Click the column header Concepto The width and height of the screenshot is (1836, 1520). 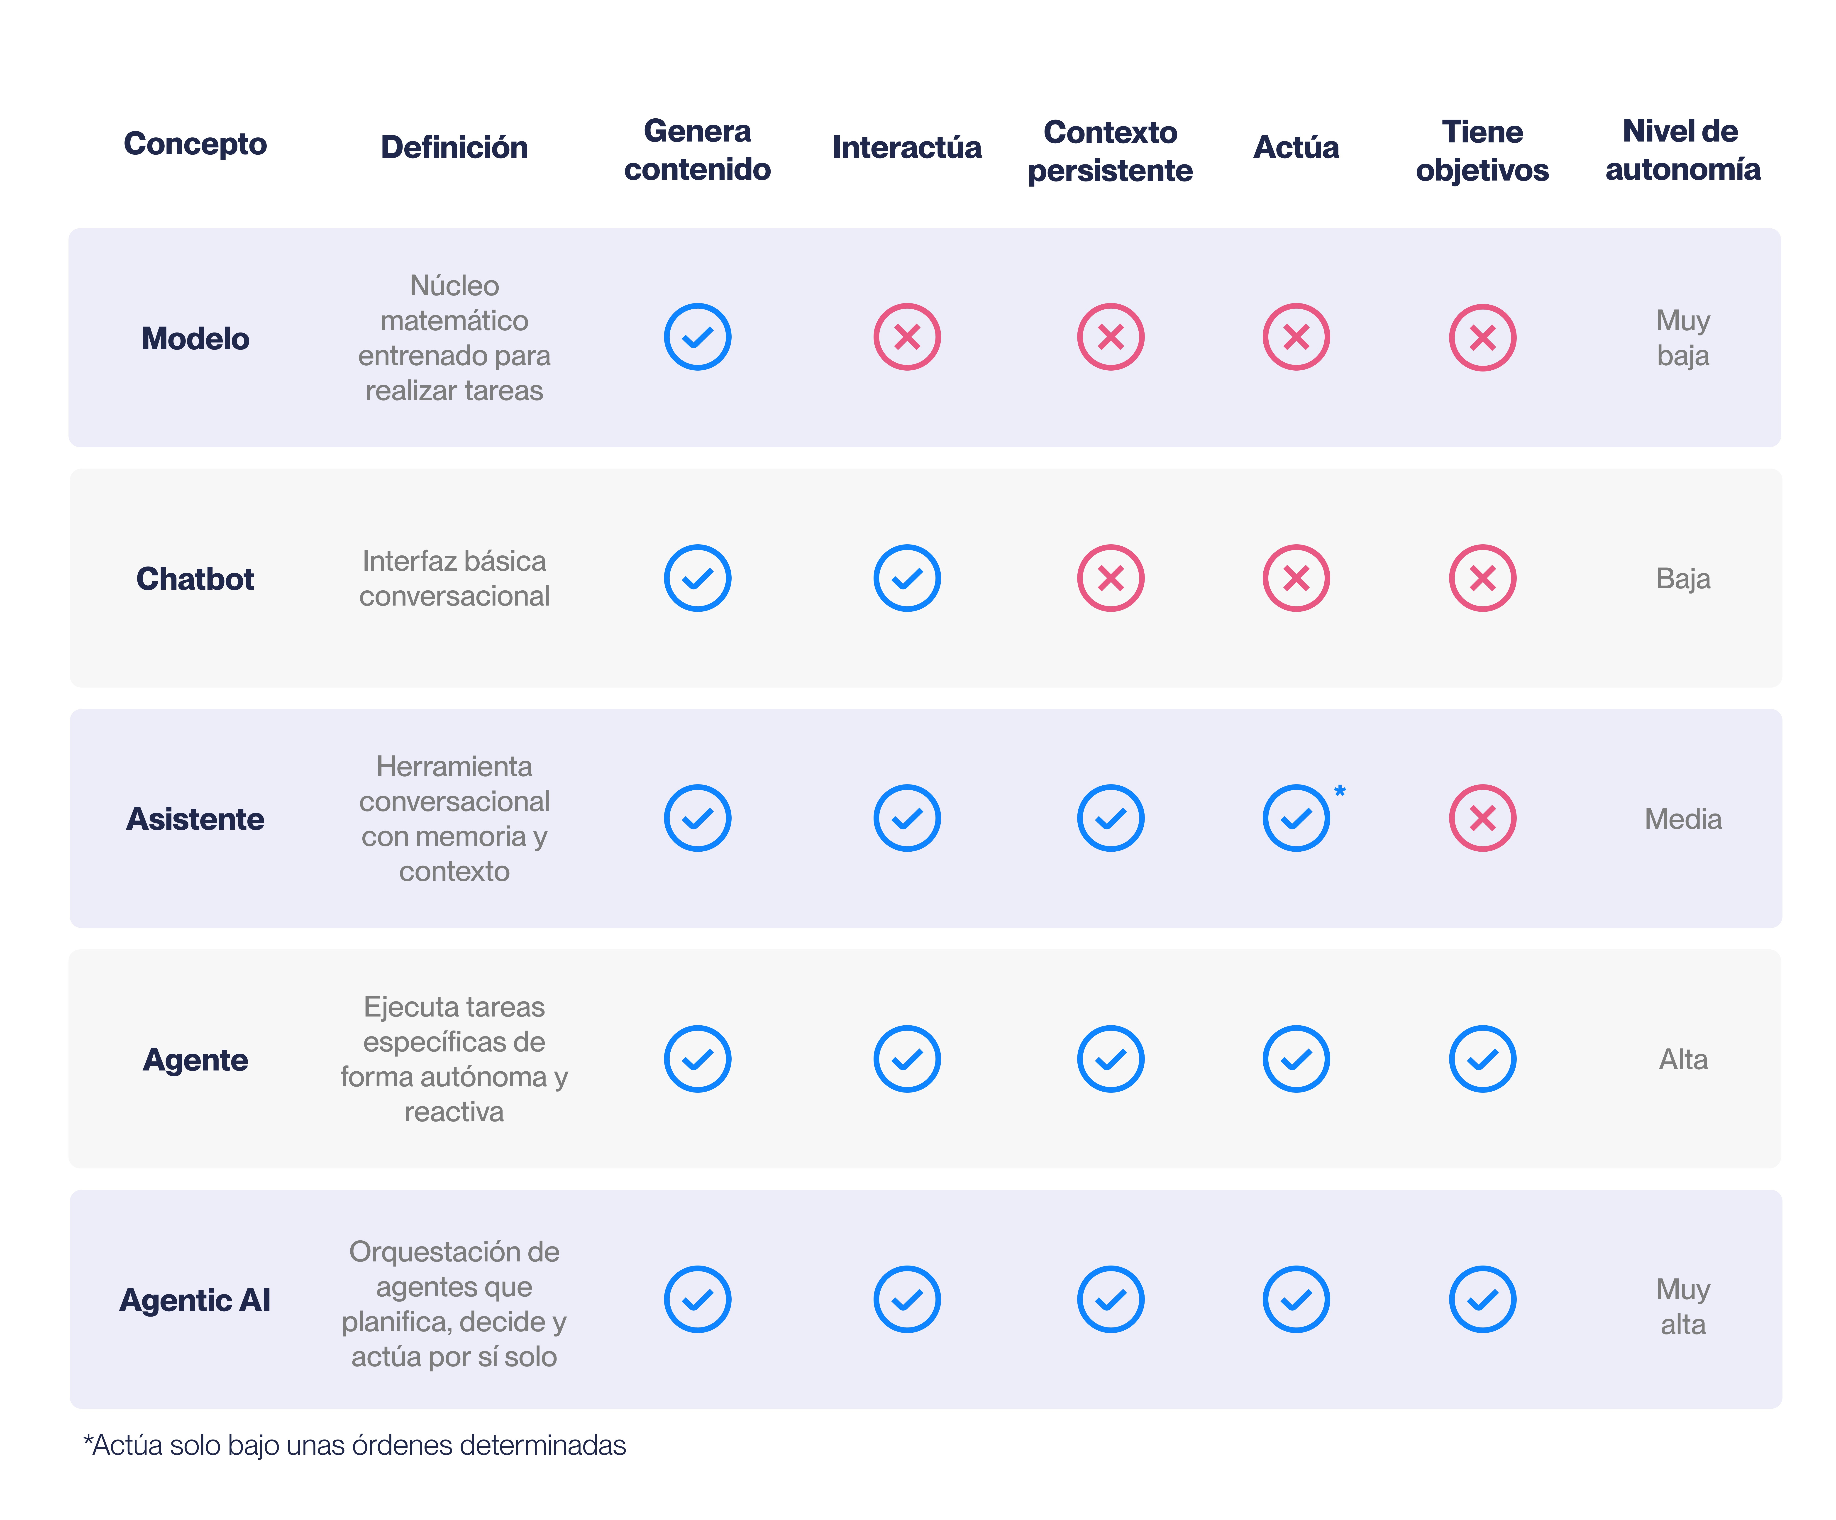195,143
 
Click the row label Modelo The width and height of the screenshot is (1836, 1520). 195,338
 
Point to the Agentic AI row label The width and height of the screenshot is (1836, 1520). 195,1300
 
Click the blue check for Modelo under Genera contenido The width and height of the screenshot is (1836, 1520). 697,337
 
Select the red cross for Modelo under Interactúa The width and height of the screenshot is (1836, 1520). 907,337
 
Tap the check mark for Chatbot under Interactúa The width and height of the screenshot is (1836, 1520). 907,578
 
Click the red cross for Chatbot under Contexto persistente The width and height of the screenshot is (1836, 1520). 1110,578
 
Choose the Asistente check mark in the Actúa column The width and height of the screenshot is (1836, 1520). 1296,818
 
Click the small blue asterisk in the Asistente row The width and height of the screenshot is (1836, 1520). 1339,791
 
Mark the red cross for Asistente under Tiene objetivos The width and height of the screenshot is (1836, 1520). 1482,818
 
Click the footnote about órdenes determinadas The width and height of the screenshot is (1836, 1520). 354,1445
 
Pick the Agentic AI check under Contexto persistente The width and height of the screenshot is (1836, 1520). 1110,1299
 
